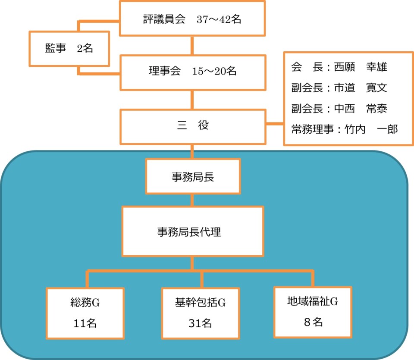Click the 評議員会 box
192,19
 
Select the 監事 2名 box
69,48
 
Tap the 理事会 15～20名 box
192,72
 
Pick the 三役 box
192,126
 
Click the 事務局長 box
193,176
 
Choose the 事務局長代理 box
192,232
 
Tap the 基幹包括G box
200,313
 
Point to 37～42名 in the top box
218,19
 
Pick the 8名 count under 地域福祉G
313,322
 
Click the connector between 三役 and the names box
274,125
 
